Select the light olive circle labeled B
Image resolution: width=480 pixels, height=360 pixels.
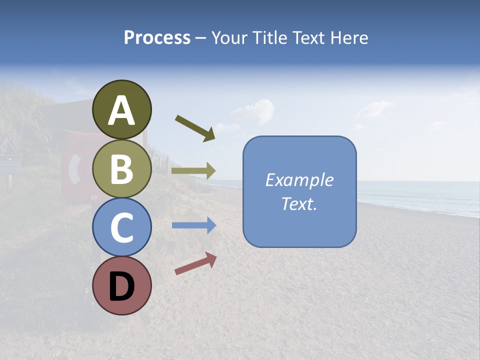(x=122, y=168)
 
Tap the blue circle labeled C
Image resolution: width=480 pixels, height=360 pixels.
(x=122, y=227)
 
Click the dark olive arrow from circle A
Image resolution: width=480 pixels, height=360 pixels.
(x=195, y=128)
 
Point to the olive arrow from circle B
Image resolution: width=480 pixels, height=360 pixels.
(x=193, y=170)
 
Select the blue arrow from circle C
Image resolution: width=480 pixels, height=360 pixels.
(x=194, y=225)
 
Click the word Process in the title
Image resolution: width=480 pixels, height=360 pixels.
(x=157, y=37)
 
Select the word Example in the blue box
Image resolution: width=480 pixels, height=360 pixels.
(x=299, y=180)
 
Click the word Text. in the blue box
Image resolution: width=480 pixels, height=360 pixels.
(x=299, y=204)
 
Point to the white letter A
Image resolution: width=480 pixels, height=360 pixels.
(x=122, y=111)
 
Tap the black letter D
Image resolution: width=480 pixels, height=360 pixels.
(x=122, y=287)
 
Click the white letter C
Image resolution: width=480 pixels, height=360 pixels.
(x=122, y=228)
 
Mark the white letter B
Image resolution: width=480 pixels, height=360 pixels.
(x=122, y=169)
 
